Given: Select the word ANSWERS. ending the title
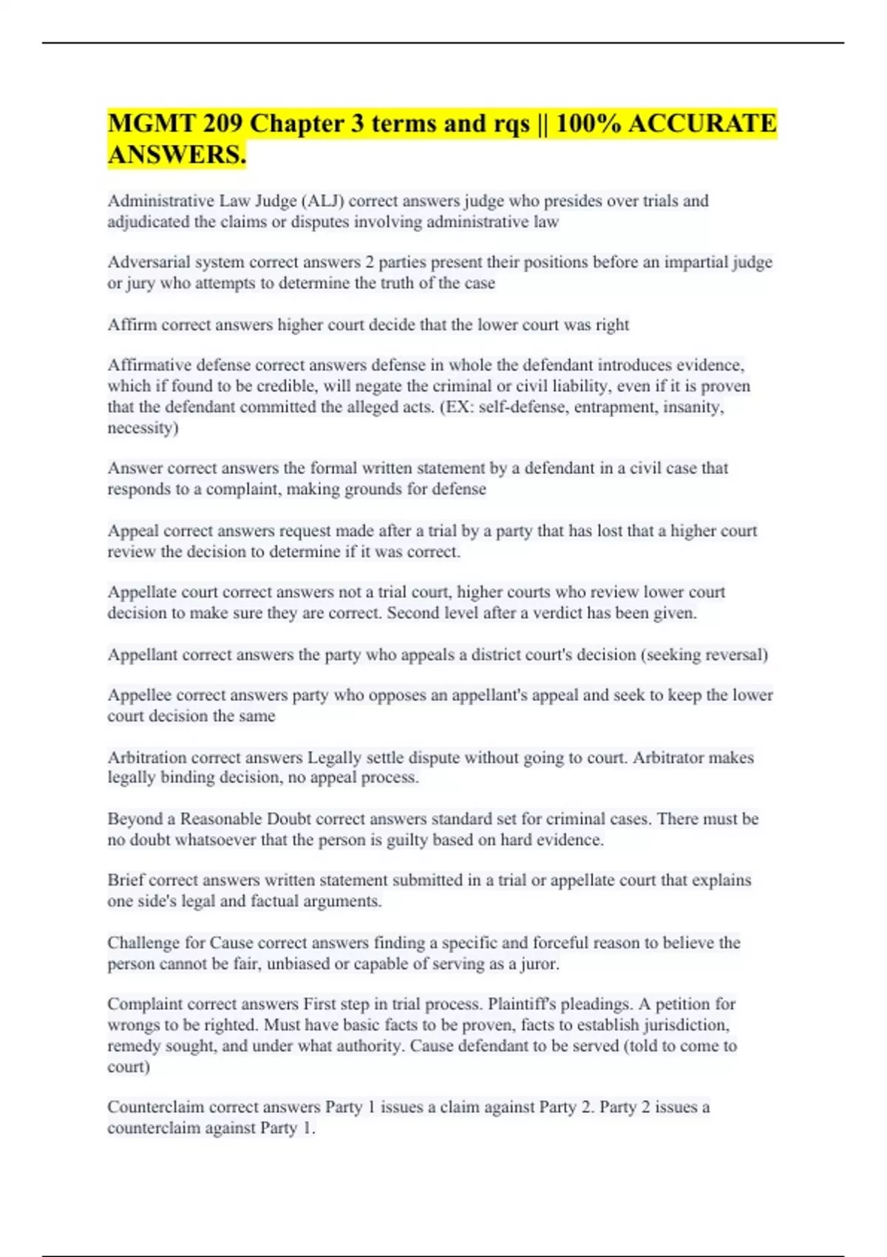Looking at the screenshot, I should [177, 155].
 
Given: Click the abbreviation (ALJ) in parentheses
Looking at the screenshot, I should [322, 201].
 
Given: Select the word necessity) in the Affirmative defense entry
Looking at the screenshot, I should [143, 428].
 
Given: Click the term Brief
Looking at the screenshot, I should [125, 881].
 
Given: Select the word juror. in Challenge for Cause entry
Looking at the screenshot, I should [540, 964].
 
